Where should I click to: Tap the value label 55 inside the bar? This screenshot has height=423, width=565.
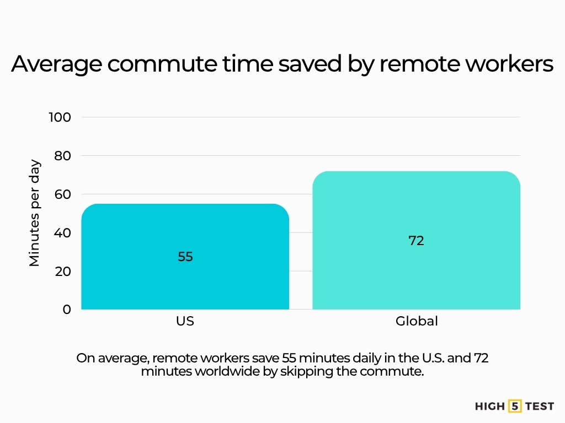(x=185, y=257)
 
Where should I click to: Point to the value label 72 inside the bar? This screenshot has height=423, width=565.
(x=417, y=241)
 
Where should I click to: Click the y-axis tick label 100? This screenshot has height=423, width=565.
(x=60, y=117)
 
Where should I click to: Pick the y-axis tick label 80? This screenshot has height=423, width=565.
(x=63, y=156)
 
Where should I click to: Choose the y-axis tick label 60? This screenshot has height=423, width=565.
(x=63, y=194)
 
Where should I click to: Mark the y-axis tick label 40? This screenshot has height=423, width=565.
(x=63, y=233)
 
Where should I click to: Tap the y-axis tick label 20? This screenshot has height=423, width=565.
(x=63, y=272)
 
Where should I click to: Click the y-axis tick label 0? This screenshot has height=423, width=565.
(x=67, y=310)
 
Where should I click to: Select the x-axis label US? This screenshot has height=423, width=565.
(x=185, y=321)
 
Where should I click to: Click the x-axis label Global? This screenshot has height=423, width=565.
(x=417, y=321)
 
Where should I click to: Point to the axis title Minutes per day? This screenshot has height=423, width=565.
(x=35, y=213)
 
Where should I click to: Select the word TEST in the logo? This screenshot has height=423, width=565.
(x=539, y=406)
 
